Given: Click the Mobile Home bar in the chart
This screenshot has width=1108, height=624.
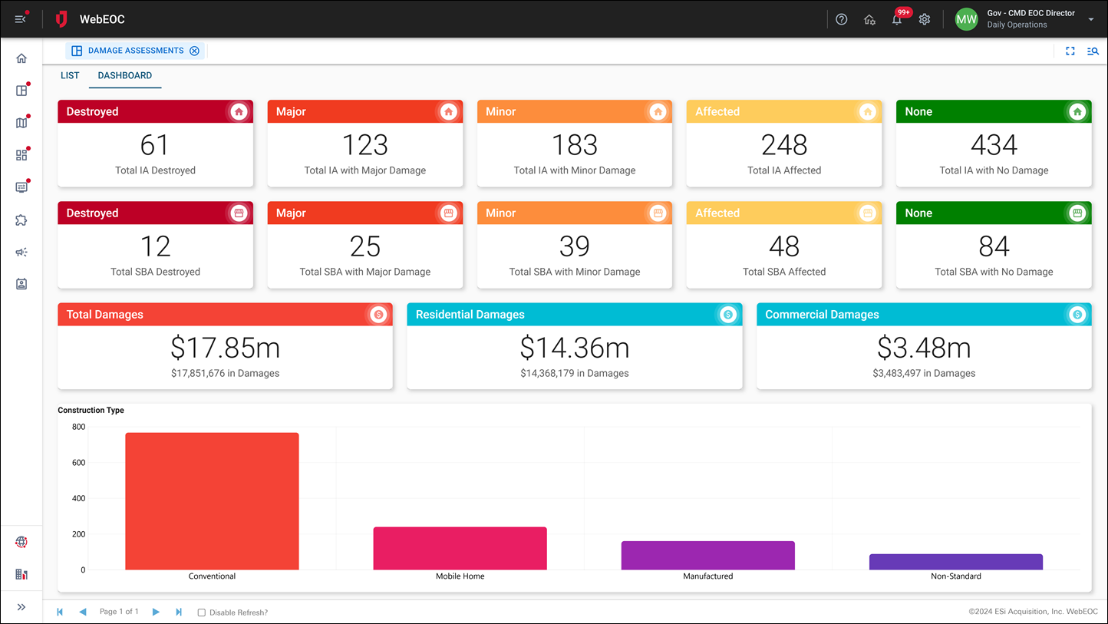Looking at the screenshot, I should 460,548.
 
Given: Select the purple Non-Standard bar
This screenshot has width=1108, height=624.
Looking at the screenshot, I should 955,562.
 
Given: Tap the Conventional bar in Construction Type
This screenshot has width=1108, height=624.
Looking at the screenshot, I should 212,501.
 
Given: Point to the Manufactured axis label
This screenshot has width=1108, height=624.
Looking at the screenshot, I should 707,576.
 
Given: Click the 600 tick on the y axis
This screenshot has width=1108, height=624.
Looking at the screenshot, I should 78,463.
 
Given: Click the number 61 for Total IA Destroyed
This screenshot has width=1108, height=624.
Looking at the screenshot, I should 155,145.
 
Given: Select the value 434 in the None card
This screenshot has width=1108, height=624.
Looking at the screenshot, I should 994,145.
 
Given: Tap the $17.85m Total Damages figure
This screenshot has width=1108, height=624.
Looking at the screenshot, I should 225,348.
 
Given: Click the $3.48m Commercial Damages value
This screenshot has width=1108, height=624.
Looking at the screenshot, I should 924,348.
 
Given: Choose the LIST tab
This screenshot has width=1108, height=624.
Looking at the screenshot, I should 70,76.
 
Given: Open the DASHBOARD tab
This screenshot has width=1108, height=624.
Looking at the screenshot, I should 124,76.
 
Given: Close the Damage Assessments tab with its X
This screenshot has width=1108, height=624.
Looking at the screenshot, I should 194,51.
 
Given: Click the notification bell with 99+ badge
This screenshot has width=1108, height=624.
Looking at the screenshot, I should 896,20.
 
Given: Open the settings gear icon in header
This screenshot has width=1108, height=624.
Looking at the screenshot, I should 925,20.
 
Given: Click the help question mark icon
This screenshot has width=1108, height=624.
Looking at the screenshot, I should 842,20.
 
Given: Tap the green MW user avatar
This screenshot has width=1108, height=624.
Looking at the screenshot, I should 966,19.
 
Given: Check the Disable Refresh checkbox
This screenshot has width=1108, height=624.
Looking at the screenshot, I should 202,612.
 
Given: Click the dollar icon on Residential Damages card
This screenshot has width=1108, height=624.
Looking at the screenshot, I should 728,315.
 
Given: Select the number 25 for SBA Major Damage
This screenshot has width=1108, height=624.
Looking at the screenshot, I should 364,246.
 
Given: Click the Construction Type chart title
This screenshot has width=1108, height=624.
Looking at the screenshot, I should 91,411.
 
